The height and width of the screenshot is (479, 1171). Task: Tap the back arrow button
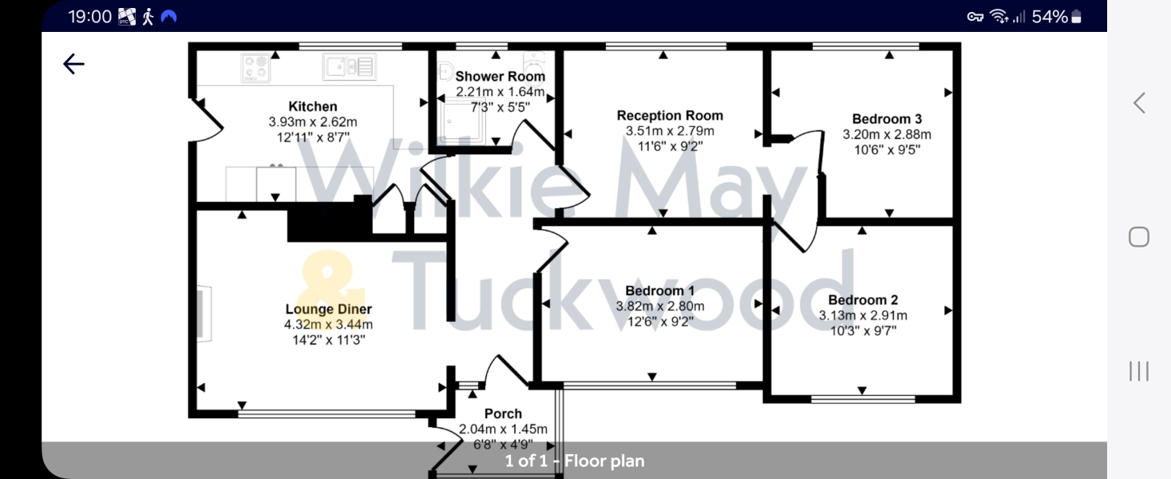pos(73,64)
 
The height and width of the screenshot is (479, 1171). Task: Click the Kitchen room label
pos(313,106)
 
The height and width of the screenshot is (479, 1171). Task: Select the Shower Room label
pos(500,77)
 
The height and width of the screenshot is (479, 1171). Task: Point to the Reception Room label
pos(670,116)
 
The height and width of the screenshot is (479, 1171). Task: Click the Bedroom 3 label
pos(887,119)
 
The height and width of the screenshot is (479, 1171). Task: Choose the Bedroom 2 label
pos(863,300)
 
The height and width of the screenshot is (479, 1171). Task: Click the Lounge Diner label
pos(329,309)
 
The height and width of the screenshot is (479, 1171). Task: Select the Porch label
pos(503,414)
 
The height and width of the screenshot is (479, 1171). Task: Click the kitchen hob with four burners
pos(255,68)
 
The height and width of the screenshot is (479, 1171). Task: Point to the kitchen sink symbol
pos(350,66)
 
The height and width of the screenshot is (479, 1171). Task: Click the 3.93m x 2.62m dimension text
pos(313,122)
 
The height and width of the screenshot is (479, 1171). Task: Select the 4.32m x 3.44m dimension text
pos(329,324)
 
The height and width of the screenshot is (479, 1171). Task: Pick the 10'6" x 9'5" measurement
pos(887,149)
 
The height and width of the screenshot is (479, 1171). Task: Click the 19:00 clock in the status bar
pos(89,17)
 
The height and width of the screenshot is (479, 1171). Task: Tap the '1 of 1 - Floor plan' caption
pos(574,461)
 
